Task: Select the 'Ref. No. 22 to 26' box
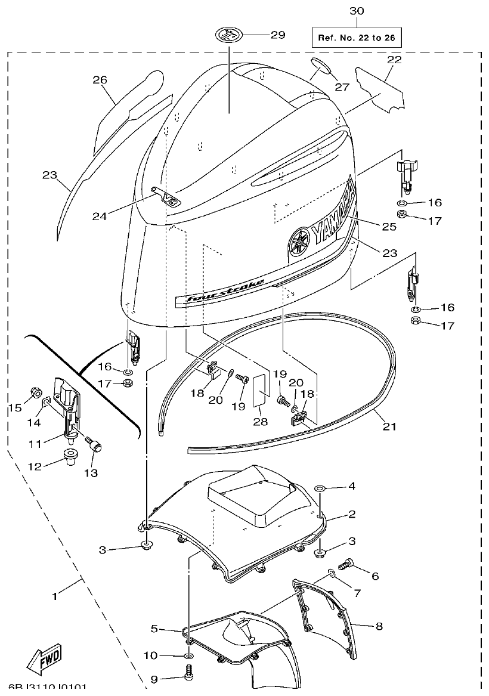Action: (x=356, y=38)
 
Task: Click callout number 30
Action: (x=356, y=11)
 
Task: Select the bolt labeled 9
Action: (x=189, y=676)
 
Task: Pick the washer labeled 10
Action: (x=188, y=656)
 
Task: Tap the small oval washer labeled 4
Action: (x=320, y=487)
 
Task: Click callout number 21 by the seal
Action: (x=389, y=426)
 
